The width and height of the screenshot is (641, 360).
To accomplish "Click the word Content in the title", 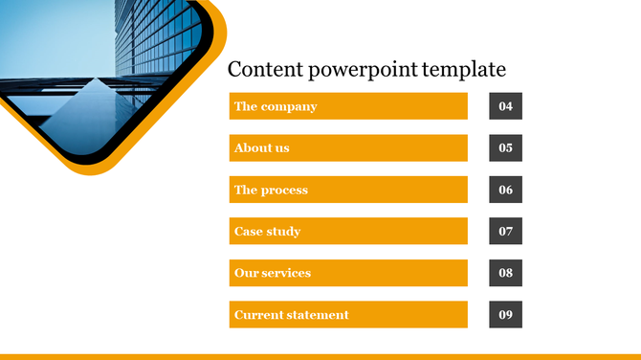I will pyautogui.click(x=261, y=70).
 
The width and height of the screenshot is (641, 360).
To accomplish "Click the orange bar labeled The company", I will pyautogui.click(x=348, y=106).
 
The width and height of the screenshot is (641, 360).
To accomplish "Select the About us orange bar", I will pyautogui.click(x=348, y=148).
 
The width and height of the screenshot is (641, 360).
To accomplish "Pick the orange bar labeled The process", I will pyautogui.click(x=348, y=190).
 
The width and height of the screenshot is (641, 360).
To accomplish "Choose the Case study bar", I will pyautogui.click(x=348, y=232).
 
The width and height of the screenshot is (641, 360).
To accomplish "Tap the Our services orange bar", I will pyautogui.click(x=348, y=273).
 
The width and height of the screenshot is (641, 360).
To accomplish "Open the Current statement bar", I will pyautogui.click(x=348, y=315).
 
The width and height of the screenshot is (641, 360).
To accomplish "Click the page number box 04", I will pyautogui.click(x=505, y=106).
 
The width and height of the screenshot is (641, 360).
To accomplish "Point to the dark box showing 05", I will pyautogui.click(x=505, y=148).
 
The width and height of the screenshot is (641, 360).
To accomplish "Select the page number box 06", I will pyautogui.click(x=505, y=190).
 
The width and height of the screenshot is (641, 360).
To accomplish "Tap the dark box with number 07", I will pyautogui.click(x=505, y=232).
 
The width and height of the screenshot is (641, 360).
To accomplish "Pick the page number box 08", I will pyautogui.click(x=505, y=273).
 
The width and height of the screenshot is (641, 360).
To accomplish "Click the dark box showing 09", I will pyautogui.click(x=505, y=315).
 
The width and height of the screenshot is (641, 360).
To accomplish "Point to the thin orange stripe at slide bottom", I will pyautogui.click(x=320, y=356).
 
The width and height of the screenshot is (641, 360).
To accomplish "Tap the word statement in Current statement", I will pyautogui.click(x=320, y=315).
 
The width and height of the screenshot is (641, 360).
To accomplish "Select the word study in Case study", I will pyautogui.click(x=285, y=232).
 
